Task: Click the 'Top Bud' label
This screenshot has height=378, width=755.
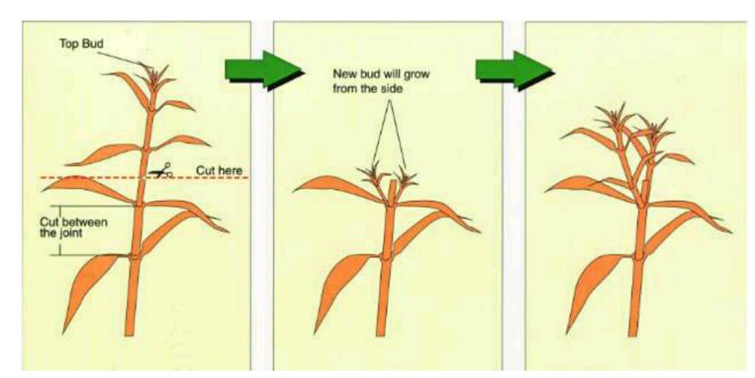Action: coord(81,43)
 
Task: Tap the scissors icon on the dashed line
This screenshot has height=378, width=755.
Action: coord(161,171)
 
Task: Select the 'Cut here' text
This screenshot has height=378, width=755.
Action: coord(219,170)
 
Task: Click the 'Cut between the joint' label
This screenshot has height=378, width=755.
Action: coord(74,228)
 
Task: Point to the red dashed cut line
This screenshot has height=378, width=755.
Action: coord(145,178)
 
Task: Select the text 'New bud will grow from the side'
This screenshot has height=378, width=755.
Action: coord(381,81)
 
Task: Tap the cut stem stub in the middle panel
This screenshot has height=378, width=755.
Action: coord(393,192)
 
